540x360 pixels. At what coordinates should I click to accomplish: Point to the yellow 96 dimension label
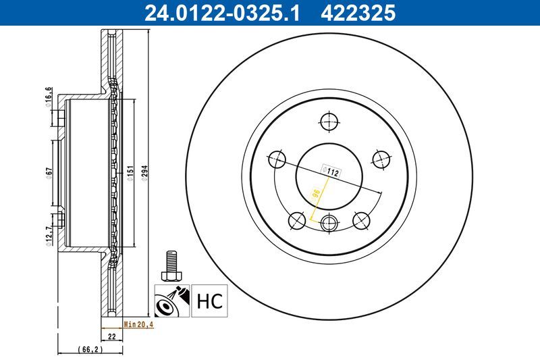click(x=315, y=196)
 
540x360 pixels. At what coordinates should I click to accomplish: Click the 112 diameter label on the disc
click(x=331, y=172)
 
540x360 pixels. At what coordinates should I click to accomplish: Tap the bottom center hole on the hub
click(x=329, y=223)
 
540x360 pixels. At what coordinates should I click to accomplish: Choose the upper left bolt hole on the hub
click(x=277, y=160)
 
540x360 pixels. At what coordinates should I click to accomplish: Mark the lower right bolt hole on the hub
click(x=361, y=220)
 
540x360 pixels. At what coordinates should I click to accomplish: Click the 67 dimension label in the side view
click(x=49, y=172)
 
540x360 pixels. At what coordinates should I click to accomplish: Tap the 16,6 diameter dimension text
click(x=49, y=98)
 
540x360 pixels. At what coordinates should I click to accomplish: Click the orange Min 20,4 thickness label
click(x=139, y=325)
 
